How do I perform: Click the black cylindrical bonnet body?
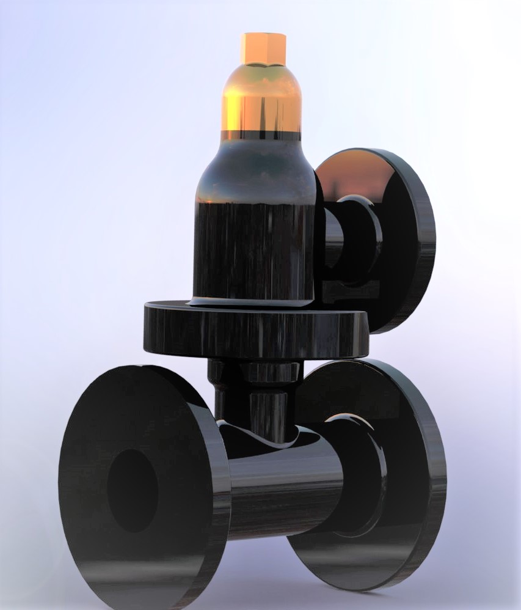[x=253, y=251]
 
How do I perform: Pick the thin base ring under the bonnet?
[x=253, y=301]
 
